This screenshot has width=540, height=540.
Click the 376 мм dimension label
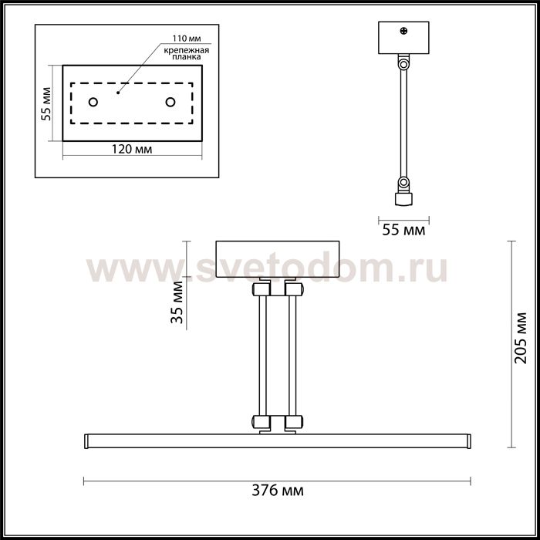tap(278, 490)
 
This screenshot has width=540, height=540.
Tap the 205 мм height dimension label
tap(521, 338)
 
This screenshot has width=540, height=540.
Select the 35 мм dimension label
tap(177, 302)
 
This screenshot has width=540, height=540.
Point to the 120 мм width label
tap(132, 149)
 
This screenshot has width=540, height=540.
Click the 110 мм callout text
tap(187, 39)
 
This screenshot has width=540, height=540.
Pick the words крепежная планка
tap(187, 53)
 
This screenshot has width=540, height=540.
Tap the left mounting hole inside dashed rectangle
tap(93, 102)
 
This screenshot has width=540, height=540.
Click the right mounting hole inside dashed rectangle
tap(170, 102)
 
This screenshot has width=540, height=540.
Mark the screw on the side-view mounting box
tap(403, 31)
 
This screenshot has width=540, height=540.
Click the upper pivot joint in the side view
tap(403, 64)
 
